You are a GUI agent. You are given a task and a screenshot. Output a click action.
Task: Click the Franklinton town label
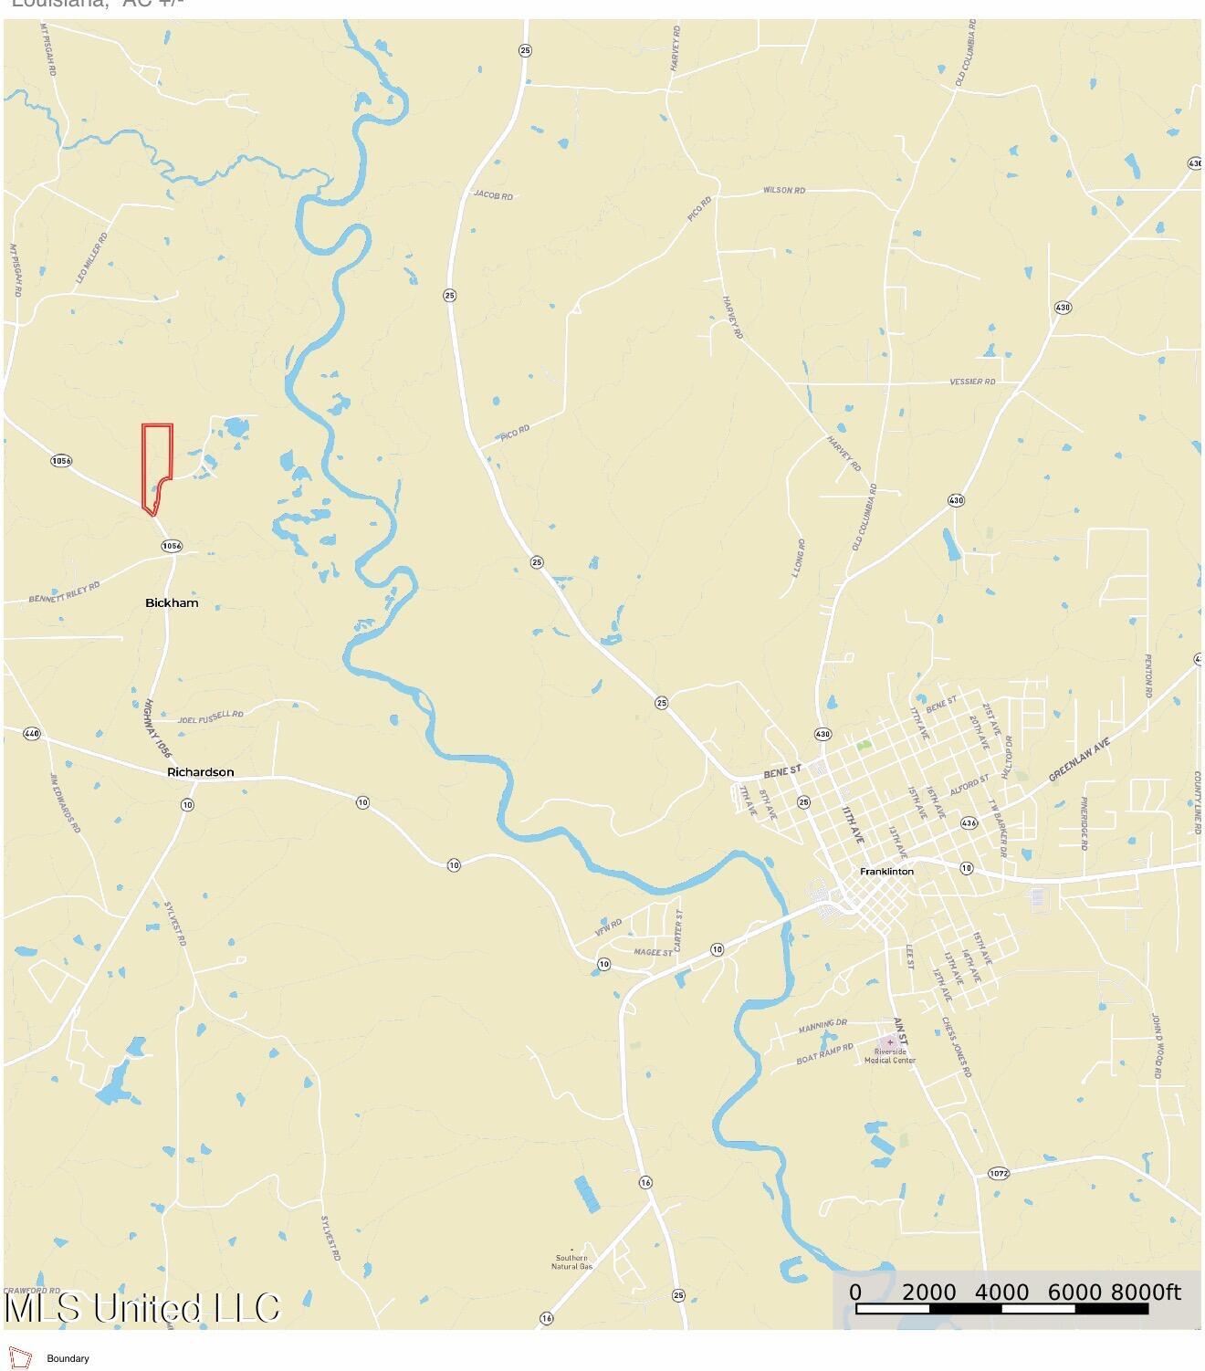[x=886, y=872]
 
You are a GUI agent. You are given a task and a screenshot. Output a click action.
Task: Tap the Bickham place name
[x=172, y=603]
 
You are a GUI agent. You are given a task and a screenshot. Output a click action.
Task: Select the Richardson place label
[x=200, y=772]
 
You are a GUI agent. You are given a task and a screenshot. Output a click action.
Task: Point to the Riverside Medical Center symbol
[x=890, y=1042]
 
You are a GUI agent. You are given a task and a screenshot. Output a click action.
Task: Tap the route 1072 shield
[x=999, y=1173]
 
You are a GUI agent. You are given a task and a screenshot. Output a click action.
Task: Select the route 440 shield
[x=32, y=733]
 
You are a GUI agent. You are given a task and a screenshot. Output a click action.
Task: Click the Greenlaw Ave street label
[x=1079, y=759]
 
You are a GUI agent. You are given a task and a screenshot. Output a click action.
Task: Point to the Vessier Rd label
[x=972, y=382]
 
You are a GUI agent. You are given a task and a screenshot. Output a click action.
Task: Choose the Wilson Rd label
[x=784, y=190]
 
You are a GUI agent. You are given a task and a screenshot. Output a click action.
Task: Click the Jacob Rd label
[x=493, y=194]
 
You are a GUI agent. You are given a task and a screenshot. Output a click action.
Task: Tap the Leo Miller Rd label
[x=91, y=256]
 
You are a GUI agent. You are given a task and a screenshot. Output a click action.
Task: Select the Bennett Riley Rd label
[x=64, y=593]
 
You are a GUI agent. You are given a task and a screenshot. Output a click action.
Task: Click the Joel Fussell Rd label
[x=211, y=717]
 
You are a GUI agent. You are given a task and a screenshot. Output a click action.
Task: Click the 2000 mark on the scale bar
[x=928, y=1293]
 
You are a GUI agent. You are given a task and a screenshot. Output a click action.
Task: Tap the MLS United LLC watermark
[x=141, y=1308]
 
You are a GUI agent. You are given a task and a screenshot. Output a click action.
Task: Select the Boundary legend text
[x=68, y=1359]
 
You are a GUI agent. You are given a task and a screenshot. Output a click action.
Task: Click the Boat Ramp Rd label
[x=824, y=1054]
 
